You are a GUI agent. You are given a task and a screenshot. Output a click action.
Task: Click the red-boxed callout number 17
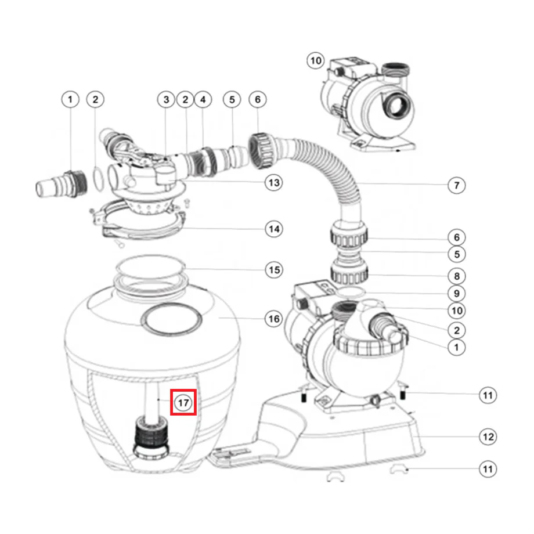point(184,402)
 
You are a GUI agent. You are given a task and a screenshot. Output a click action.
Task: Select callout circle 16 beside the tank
point(273,319)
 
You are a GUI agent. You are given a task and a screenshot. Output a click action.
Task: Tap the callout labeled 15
point(273,270)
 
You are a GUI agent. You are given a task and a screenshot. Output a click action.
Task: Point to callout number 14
point(273,229)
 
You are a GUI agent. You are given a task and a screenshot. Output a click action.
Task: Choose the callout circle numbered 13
point(273,183)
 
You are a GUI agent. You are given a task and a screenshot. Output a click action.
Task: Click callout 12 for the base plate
point(488,436)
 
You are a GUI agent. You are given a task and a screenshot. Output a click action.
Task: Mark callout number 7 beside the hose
point(456,186)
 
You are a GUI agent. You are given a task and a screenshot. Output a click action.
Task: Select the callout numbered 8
point(456,276)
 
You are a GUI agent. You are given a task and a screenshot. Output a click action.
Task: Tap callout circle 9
point(456,294)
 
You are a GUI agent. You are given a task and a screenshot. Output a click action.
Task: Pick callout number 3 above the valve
point(165,100)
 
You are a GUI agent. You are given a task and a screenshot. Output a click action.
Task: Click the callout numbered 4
point(203,100)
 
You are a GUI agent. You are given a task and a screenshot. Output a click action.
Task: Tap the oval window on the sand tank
point(172,320)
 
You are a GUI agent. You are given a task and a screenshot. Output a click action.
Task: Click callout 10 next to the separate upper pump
point(315,60)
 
